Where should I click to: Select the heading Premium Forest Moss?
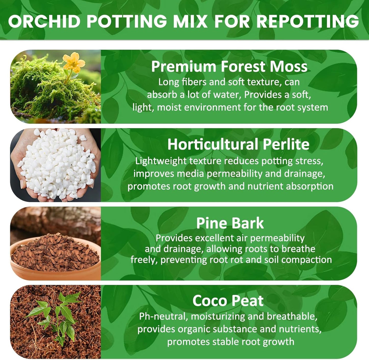pos(229,66)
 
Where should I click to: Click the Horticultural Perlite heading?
pos(238,144)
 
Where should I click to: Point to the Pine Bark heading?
pos(230,223)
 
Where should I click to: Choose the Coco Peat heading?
pos(228,301)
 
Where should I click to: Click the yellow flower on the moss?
pos(74,62)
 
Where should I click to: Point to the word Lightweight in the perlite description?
pos(161,161)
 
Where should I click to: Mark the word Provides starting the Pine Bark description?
pos(174,238)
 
